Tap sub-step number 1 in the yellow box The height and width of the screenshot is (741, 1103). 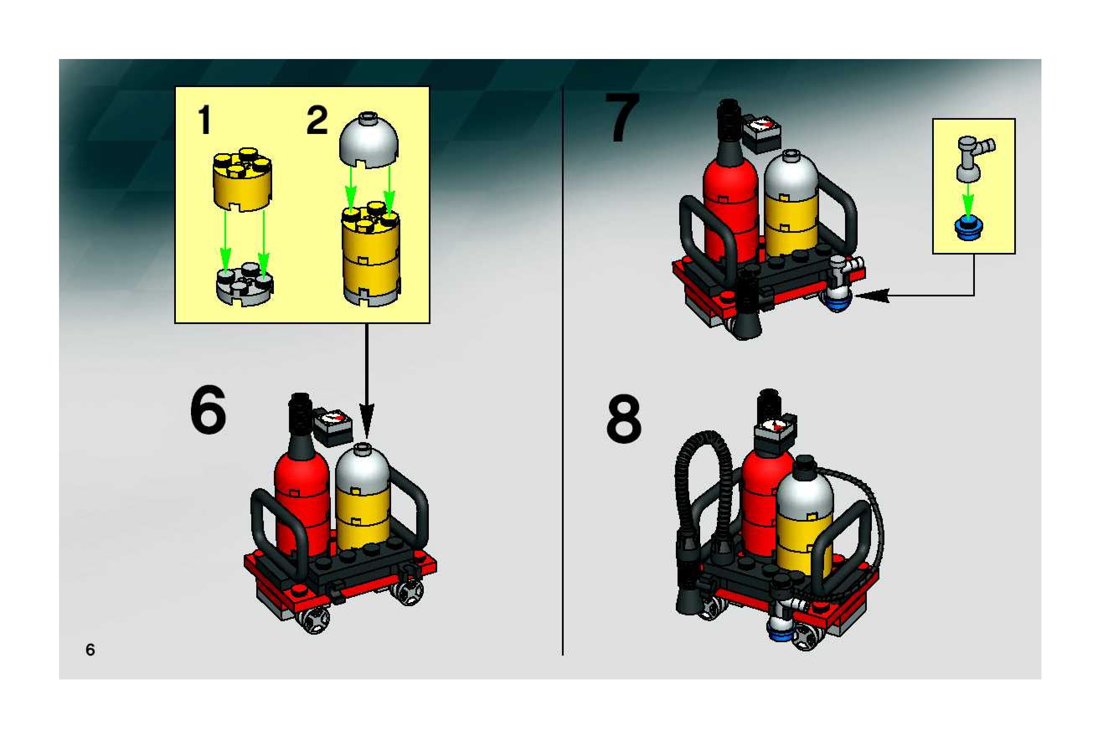[204, 120]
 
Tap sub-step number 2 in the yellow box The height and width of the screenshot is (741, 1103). [317, 120]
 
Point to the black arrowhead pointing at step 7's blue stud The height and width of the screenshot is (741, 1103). [872, 296]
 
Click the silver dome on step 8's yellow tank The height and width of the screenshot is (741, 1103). [804, 489]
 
